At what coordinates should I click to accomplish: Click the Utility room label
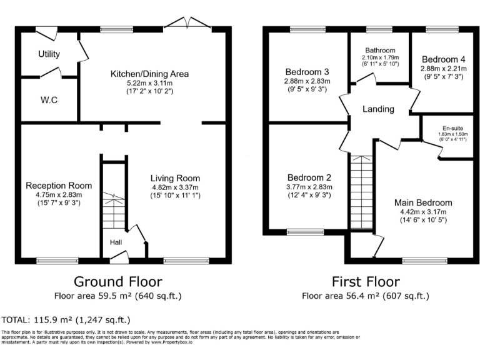49,54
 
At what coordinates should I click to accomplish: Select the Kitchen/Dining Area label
149,74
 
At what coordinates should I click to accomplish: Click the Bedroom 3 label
307,71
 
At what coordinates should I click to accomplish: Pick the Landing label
378,109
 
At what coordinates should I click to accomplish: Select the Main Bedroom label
422,202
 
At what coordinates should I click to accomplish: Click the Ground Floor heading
118,281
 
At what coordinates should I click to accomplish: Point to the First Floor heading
366,281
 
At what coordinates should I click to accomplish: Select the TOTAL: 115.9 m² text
66,319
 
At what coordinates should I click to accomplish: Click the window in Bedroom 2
306,232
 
